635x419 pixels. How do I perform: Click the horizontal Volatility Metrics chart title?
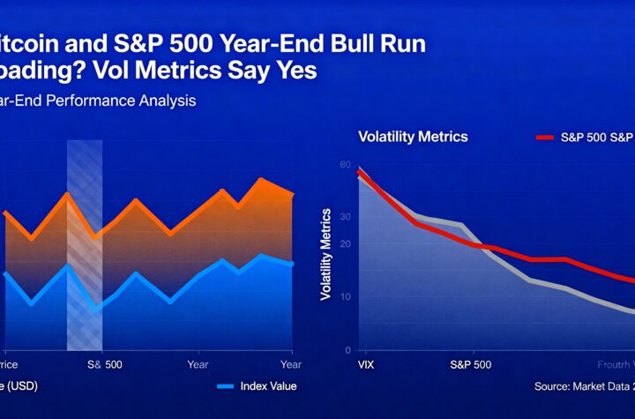pos(413,137)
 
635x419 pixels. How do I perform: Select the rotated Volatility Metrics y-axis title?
pos(325,255)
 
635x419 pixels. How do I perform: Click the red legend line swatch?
pos(545,138)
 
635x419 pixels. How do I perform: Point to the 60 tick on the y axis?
pos(345,165)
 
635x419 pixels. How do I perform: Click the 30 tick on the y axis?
pos(345,216)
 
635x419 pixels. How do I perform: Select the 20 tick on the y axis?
pos(345,244)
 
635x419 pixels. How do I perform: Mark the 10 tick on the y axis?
pos(345,296)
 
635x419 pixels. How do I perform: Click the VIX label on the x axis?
pos(367,363)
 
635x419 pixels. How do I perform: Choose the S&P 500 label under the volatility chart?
pos(470,363)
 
